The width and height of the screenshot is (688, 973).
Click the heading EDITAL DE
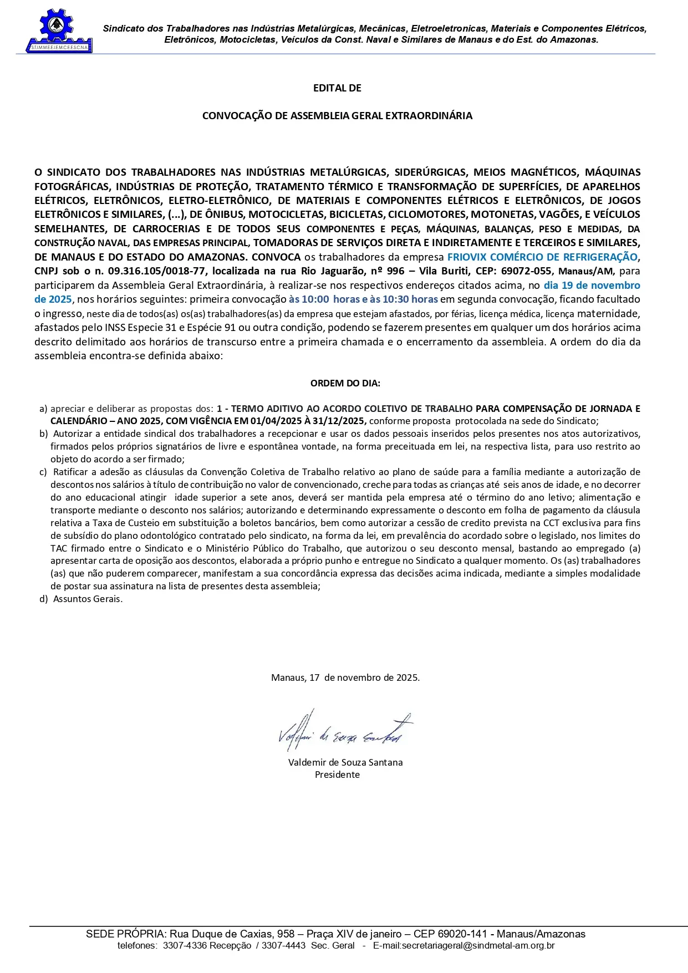click(x=337, y=88)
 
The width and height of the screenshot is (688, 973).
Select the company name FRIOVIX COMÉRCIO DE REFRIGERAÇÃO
click(x=542, y=257)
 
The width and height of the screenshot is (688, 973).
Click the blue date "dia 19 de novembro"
click(x=592, y=286)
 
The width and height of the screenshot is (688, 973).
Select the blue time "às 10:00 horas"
click(x=324, y=299)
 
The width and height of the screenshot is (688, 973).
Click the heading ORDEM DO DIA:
click(x=345, y=383)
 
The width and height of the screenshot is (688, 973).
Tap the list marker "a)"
click(x=43, y=409)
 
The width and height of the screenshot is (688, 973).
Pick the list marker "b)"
click(x=43, y=434)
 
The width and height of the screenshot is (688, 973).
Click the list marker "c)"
click(x=43, y=472)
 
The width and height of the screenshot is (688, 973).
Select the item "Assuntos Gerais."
click(x=88, y=599)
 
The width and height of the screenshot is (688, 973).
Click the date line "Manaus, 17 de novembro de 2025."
click(x=345, y=677)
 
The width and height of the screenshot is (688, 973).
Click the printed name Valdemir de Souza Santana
click(x=345, y=762)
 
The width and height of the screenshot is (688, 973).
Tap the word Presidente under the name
click(x=337, y=775)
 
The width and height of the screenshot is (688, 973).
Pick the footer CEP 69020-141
click(x=462, y=934)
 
